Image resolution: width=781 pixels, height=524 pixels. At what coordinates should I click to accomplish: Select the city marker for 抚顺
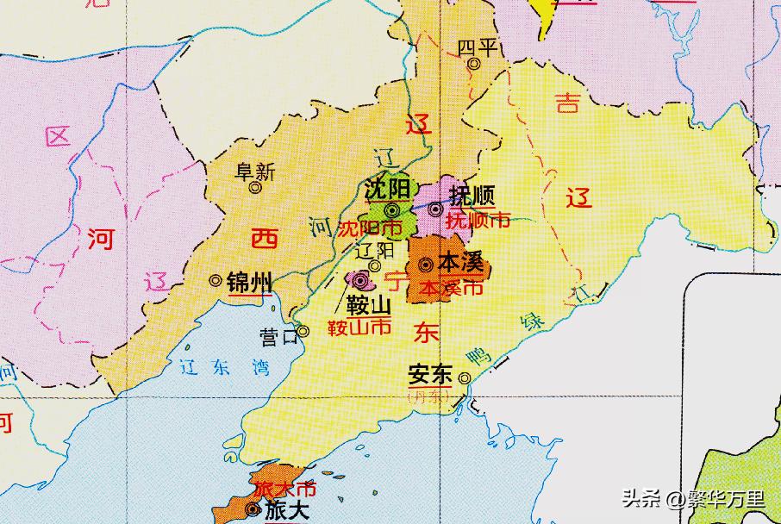click(x=435, y=209)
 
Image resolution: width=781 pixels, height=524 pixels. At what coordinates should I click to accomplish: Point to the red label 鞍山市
click(x=359, y=327)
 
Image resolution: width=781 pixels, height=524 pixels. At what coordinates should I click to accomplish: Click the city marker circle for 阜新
click(x=255, y=187)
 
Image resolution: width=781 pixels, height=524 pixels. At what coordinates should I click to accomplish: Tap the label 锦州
click(x=249, y=281)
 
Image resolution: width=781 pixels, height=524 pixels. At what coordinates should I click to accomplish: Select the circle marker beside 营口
click(x=303, y=330)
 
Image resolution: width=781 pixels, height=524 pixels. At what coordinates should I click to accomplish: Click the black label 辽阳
click(x=374, y=250)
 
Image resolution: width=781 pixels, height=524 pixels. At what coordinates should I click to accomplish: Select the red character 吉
click(x=566, y=104)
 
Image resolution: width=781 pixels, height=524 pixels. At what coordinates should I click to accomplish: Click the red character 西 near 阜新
click(x=264, y=239)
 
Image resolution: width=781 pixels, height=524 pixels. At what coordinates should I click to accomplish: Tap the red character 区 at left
click(x=58, y=137)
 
